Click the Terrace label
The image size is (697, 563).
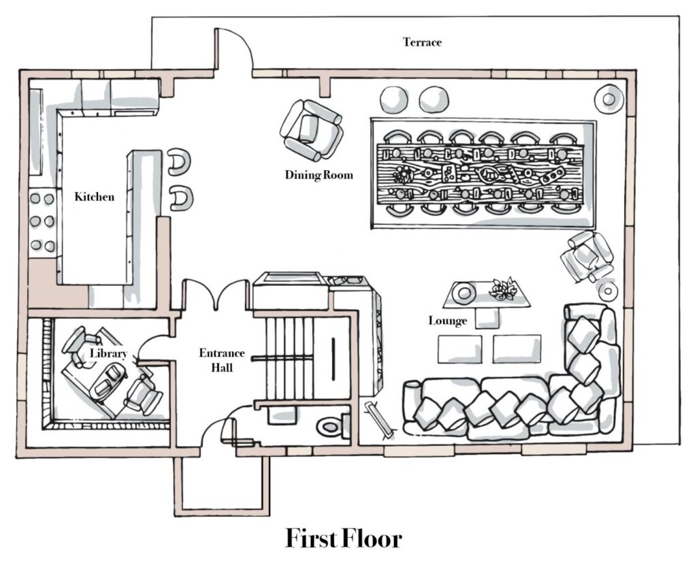[422, 42]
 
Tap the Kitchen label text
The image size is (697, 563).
[94, 197]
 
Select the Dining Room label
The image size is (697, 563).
[319, 175]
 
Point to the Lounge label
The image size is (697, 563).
[448, 321]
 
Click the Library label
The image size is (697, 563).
[108, 353]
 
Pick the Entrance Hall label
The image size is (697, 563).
[222, 360]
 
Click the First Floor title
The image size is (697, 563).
[344, 538]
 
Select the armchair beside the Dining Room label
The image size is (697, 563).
[311, 130]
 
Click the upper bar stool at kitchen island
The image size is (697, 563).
[180, 162]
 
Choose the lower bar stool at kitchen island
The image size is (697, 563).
[181, 198]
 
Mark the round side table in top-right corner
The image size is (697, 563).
[609, 99]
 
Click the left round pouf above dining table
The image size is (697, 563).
[394, 99]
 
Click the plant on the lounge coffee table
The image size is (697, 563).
[502, 289]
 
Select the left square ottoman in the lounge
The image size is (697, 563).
[459, 349]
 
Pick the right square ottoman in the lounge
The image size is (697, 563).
[517, 349]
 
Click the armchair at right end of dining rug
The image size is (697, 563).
[587, 257]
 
